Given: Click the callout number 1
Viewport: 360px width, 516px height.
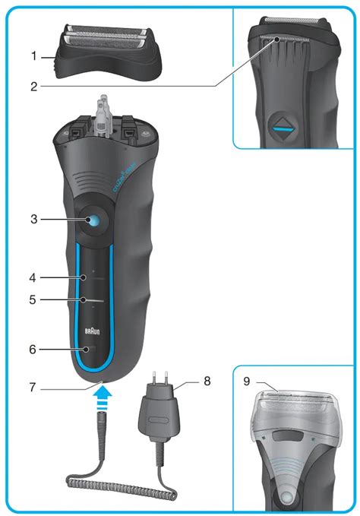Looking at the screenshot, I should point(33,55).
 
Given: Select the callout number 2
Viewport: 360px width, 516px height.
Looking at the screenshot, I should point(33,87).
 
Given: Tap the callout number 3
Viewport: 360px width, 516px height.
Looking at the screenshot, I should point(33,220).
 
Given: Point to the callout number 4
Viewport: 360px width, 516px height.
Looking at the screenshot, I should point(33,277).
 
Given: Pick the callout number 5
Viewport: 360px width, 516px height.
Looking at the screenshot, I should point(33,299).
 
